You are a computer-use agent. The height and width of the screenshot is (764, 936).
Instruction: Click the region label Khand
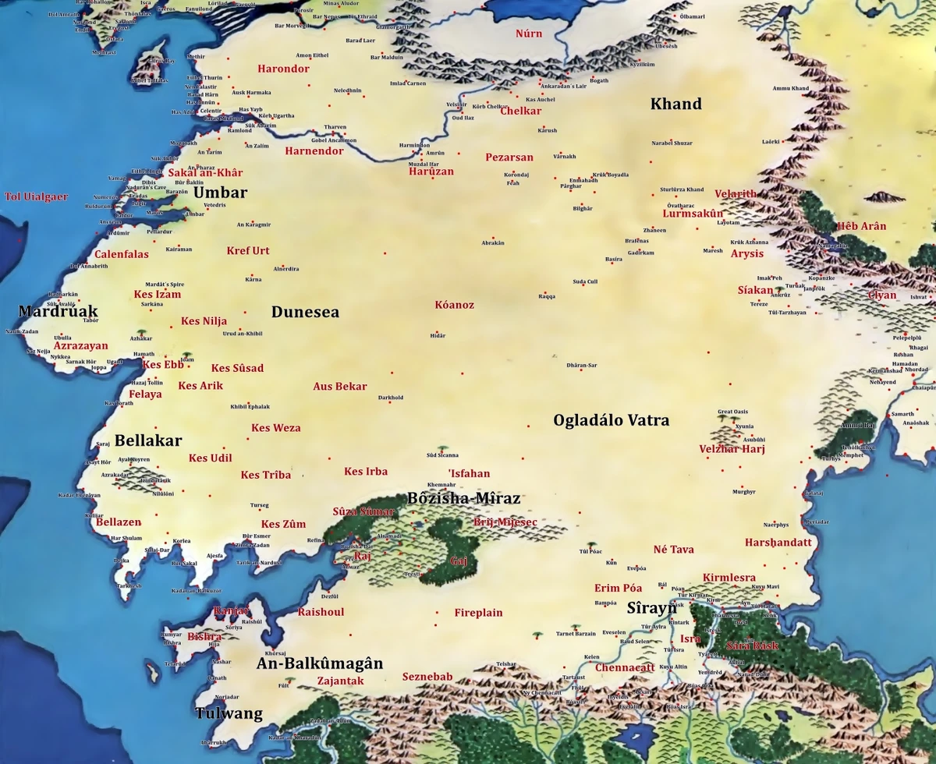click(675, 104)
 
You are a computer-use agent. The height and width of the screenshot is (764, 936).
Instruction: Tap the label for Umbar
click(220, 193)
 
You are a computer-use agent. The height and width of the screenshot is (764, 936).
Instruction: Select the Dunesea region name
click(305, 313)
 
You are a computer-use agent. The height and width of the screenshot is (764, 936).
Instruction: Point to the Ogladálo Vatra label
click(611, 421)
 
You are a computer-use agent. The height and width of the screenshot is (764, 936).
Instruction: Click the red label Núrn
click(529, 34)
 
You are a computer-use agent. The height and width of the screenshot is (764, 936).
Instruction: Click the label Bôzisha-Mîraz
click(463, 498)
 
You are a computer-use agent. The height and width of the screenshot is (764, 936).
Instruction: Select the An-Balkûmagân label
click(320, 663)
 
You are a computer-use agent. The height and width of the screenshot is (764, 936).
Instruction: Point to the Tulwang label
click(229, 714)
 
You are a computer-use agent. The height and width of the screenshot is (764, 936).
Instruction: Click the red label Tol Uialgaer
click(37, 196)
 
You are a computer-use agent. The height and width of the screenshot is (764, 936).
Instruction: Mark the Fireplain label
click(478, 613)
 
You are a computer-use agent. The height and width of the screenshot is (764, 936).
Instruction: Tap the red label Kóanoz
click(454, 305)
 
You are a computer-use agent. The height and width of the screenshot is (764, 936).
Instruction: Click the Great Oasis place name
click(733, 412)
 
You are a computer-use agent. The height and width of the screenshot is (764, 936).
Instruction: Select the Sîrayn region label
click(652, 607)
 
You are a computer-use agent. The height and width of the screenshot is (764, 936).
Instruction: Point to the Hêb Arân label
click(861, 227)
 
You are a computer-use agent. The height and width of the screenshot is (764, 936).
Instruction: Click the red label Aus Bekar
click(339, 387)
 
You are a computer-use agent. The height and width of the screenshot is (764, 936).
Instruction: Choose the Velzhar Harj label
click(732, 449)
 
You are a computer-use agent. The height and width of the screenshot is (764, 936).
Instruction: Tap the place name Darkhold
click(391, 398)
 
